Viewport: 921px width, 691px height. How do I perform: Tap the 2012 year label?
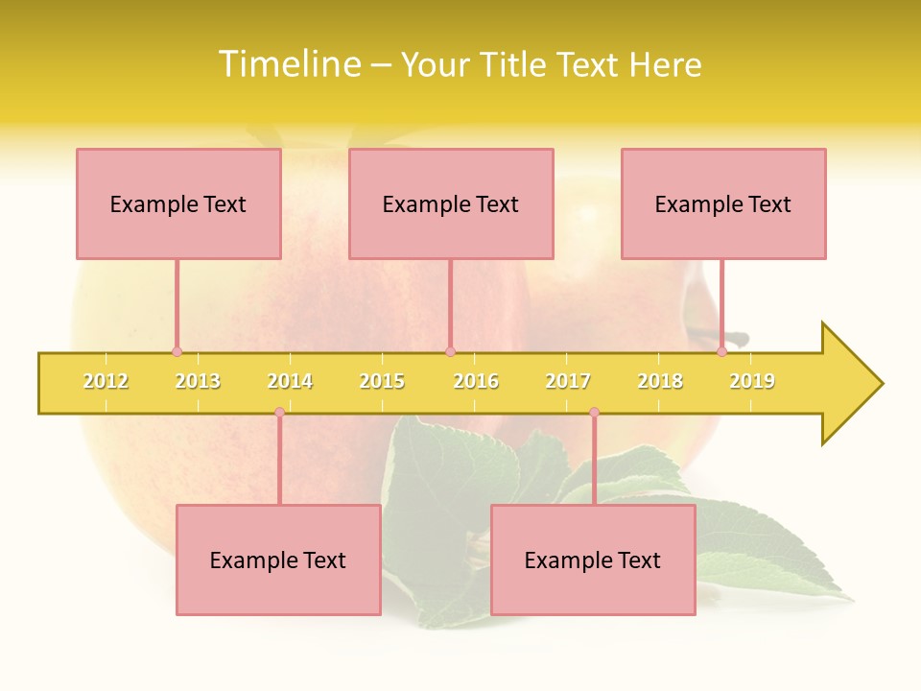pos(106,381)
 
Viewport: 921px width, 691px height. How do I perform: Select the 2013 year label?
pos(198,381)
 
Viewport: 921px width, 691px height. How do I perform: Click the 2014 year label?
pos(290,381)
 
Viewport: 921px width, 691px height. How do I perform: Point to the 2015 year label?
pos(382,381)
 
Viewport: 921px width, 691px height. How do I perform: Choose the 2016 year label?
pos(476,381)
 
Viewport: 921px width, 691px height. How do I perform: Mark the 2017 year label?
pos(568,381)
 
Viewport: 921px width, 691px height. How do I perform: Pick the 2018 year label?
pos(660,381)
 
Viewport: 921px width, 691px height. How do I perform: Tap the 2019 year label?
pos(752,381)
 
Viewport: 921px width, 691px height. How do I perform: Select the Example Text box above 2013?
pos(178,203)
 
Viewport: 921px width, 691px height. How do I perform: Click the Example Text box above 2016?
pos(451,203)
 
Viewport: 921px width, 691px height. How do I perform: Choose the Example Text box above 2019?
pos(723,203)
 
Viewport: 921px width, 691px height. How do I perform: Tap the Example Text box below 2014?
pos(278,560)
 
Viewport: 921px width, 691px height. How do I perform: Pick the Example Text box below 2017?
pos(593,560)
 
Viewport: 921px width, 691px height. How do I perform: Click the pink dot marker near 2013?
pos(177,351)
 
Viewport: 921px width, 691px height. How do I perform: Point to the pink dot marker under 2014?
pos(279,413)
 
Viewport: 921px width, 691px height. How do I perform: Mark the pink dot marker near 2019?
pos(721,351)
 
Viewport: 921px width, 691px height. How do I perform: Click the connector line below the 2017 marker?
pos(594,461)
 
